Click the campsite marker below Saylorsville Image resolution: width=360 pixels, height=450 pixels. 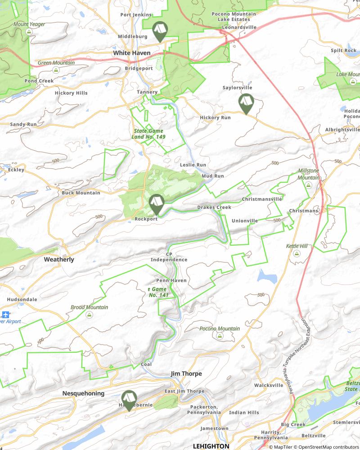(x=245, y=104)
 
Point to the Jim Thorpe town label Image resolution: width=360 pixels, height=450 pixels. (x=186, y=374)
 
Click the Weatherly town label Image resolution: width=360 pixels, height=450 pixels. (x=59, y=260)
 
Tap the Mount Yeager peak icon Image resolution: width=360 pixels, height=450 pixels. (x=29, y=31)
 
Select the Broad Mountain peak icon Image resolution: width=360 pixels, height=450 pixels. (x=89, y=315)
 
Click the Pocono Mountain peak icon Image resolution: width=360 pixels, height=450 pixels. (x=220, y=336)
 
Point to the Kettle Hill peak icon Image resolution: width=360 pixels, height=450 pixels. (x=297, y=254)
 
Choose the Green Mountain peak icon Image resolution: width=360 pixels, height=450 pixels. (x=56, y=71)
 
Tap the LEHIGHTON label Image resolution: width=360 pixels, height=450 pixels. (x=211, y=446)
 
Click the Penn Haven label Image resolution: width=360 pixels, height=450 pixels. (x=171, y=280)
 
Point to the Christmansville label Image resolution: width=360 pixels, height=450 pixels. (x=262, y=199)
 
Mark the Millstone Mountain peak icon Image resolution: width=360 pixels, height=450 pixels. (x=308, y=185)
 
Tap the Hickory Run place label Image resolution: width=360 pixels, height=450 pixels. (x=215, y=118)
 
